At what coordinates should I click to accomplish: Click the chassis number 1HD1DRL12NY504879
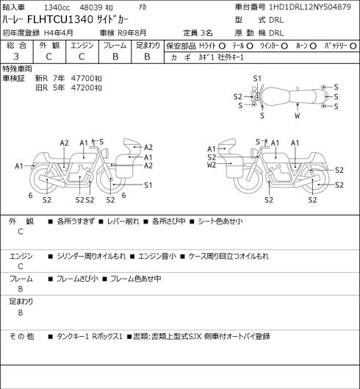click(310, 7)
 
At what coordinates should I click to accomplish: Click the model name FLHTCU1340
click(60, 19)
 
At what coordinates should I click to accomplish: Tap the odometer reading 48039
click(91, 7)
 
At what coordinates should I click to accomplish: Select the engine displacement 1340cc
click(57, 7)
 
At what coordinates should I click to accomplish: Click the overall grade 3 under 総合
click(16, 57)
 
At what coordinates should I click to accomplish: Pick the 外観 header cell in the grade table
click(49, 46)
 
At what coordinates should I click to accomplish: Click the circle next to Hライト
click(222, 46)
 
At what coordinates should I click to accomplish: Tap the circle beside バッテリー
click(353, 46)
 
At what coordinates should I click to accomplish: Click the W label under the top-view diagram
click(298, 115)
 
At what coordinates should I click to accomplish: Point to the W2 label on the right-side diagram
click(212, 165)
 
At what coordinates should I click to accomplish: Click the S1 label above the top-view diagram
click(257, 79)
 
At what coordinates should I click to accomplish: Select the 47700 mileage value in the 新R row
click(82, 79)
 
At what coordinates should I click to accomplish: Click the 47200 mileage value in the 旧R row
click(82, 88)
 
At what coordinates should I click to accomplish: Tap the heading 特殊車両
click(18, 68)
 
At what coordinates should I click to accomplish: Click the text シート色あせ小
click(220, 221)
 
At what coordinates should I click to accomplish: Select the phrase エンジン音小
click(156, 256)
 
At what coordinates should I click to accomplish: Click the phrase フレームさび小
click(77, 279)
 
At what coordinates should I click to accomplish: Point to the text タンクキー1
click(73, 336)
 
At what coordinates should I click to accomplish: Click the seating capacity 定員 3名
click(198, 33)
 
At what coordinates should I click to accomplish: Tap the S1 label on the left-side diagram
click(148, 185)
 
